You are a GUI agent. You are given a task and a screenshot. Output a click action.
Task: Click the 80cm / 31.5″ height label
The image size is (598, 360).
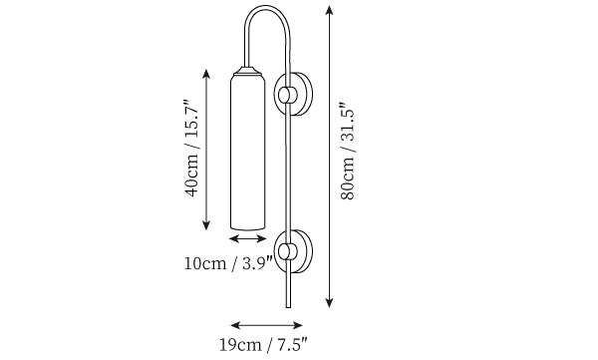(349, 152)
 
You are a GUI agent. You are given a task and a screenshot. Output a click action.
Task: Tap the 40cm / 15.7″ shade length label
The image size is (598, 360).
(191, 149)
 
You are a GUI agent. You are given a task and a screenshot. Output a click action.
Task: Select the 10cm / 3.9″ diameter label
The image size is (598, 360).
(229, 263)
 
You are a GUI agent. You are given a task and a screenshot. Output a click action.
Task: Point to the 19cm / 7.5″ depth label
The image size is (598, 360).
(263, 345)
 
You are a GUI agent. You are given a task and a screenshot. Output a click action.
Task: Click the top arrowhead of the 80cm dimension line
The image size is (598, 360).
(329, 10)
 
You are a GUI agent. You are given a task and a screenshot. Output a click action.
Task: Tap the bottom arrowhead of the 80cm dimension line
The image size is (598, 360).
(329, 303)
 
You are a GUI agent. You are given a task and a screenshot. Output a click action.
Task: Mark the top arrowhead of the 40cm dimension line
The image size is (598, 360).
(206, 74)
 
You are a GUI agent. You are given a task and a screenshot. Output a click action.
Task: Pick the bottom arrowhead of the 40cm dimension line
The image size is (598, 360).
(206, 225)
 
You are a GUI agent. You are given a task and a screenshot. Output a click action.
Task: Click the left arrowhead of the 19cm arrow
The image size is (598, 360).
(235, 325)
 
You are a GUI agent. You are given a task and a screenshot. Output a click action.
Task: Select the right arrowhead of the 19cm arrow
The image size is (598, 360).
(297, 325)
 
